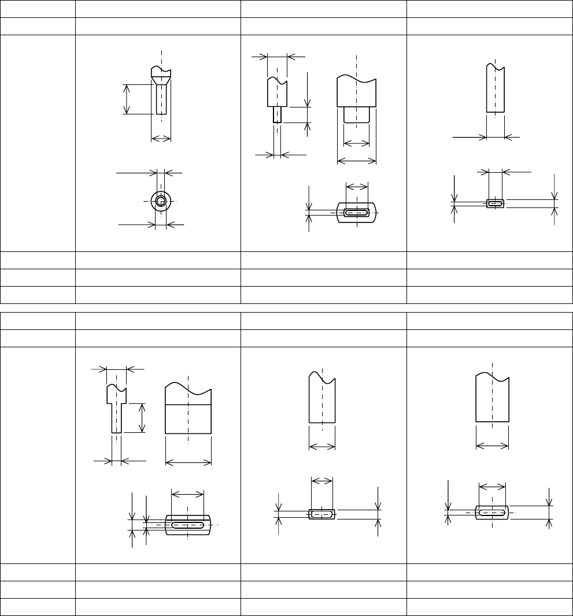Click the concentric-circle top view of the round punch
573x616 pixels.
[x=161, y=201]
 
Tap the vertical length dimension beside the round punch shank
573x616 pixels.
[x=127, y=99]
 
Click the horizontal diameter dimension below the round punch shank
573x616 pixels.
[x=161, y=138]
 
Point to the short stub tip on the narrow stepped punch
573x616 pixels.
[x=278, y=114]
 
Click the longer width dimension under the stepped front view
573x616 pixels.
[x=357, y=161]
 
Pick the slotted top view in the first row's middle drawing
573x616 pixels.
[x=357, y=213]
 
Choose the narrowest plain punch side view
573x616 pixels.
[x=496, y=90]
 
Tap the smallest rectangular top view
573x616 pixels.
[x=495, y=203]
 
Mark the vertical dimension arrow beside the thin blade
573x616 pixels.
[x=143, y=418]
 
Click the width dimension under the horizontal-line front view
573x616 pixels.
[x=188, y=461]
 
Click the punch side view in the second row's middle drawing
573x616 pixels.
[x=322, y=399]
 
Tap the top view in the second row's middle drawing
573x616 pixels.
[x=322, y=514]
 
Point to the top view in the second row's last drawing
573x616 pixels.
[x=492, y=512]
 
